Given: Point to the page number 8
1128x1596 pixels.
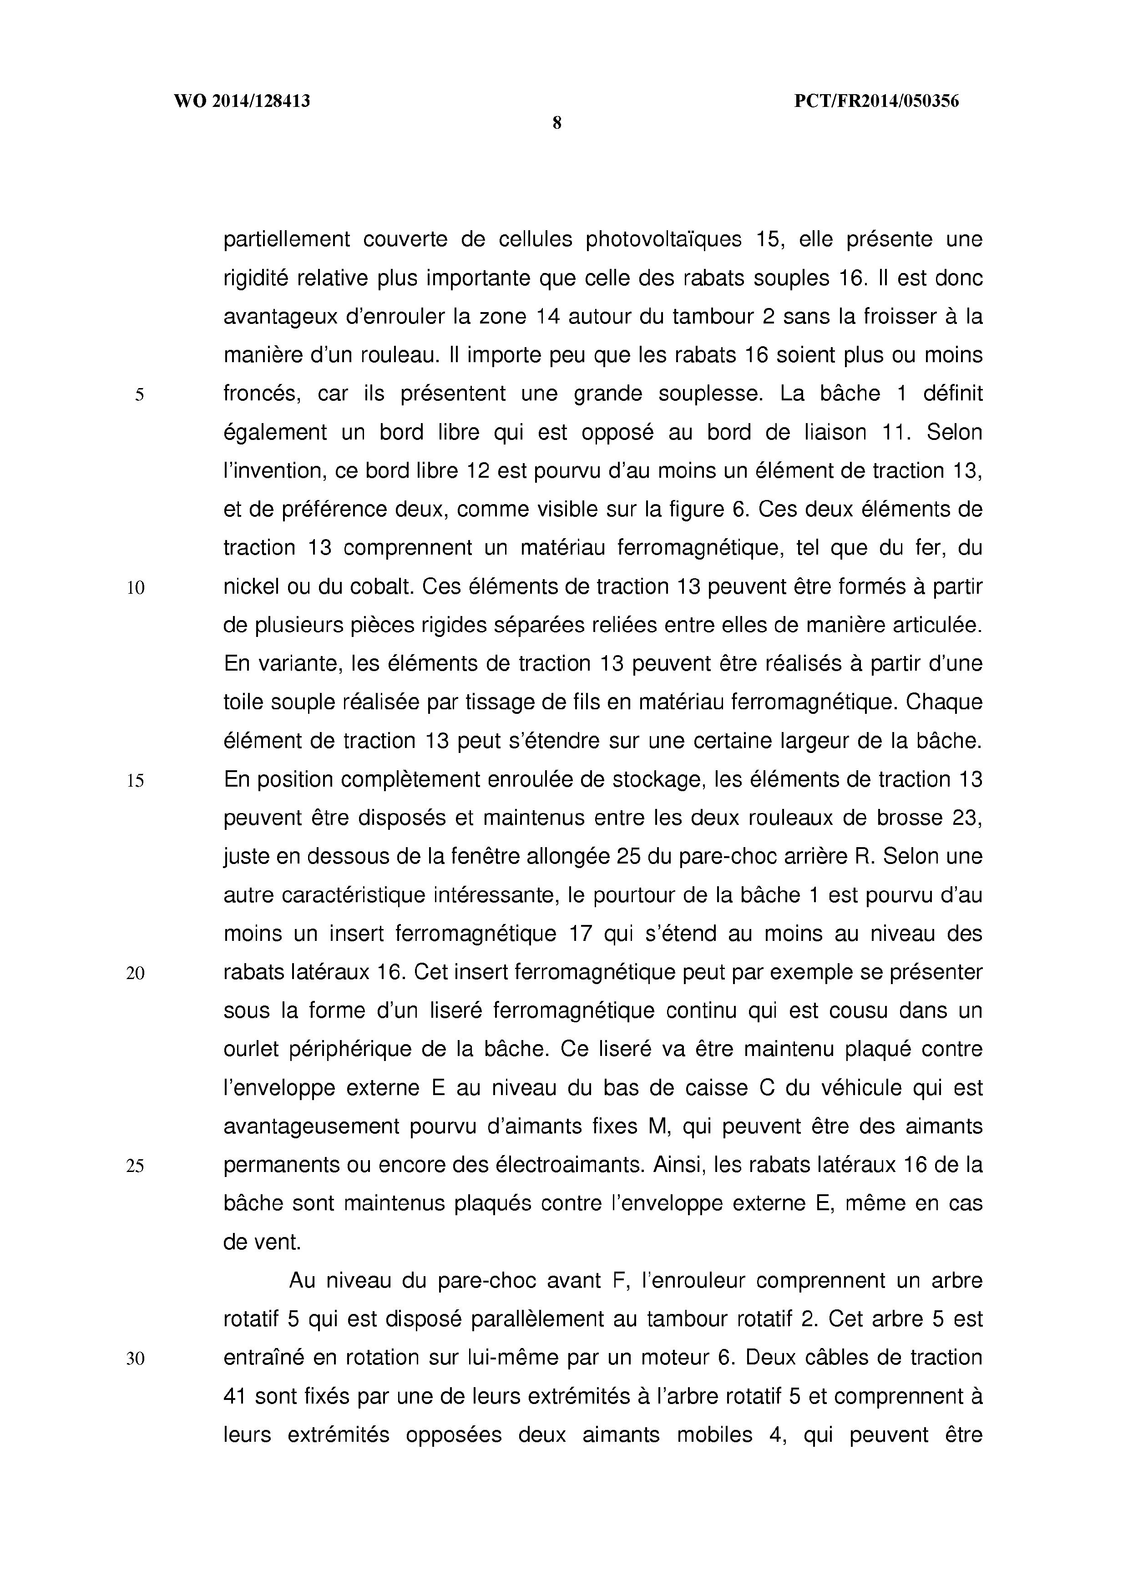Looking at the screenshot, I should [556, 124].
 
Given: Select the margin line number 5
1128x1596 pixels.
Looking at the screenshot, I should [139, 395].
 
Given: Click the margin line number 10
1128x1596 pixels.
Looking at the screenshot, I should [136, 588].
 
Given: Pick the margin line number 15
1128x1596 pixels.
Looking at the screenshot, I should [136, 781].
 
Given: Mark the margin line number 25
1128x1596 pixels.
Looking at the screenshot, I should [136, 1166].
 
